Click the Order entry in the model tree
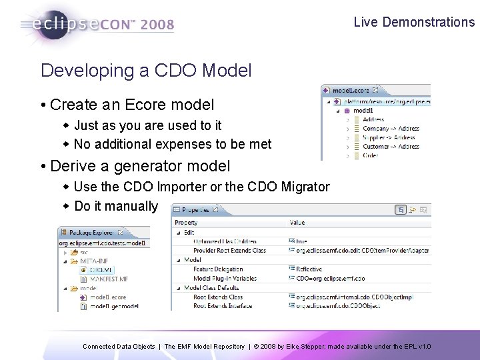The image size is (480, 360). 371,155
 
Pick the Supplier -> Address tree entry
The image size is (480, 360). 390,137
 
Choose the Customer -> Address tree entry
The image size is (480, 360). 390,146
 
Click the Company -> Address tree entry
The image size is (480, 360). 390,128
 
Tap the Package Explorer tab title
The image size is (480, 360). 94,233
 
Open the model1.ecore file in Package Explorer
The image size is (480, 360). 107,297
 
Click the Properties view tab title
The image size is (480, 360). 196,210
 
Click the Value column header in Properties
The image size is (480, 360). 297,222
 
